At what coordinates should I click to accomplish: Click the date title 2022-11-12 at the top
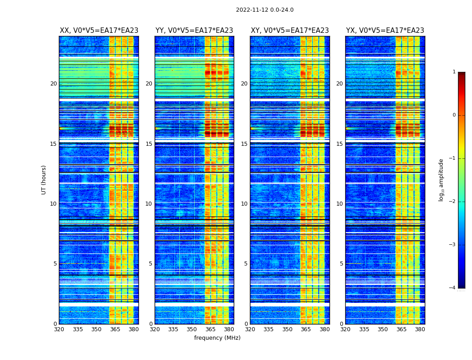click(x=264, y=10)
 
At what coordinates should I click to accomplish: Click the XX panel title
click(x=99, y=31)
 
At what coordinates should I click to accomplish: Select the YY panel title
click(x=194, y=31)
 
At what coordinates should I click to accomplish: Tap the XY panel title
click(x=289, y=31)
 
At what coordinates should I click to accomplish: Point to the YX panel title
click(x=385, y=31)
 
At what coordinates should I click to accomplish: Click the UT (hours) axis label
click(x=44, y=180)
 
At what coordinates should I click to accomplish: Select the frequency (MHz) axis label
click(x=217, y=338)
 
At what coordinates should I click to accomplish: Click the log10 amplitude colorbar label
click(x=441, y=180)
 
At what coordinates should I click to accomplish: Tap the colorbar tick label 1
click(x=454, y=72)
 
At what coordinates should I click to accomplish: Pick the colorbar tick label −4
click(x=453, y=288)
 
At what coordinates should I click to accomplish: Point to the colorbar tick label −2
click(x=453, y=202)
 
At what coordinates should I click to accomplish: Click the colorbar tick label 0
click(x=454, y=115)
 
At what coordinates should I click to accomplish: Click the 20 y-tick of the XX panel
click(x=53, y=84)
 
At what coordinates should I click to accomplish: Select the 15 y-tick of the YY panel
click(x=149, y=144)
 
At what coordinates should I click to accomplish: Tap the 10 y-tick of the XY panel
click(x=244, y=204)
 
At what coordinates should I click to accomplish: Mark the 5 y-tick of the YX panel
click(x=341, y=264)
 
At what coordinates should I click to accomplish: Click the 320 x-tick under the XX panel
click(x=59, y=329)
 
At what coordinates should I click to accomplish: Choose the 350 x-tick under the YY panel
click(x=192, y=329)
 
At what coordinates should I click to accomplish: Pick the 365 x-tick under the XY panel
click(x=306, y=329)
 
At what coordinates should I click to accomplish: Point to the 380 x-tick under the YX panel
click(x=420, y=329)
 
